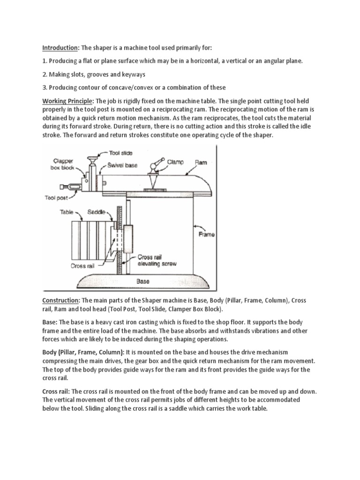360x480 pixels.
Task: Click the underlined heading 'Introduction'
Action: pos(60,48)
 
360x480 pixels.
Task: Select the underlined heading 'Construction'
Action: pos(61,300)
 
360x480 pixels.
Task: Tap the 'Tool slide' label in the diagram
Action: pos(121,153)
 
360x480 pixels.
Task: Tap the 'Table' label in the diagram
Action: pos(67,212)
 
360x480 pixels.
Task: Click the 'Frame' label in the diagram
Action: pos(206,234)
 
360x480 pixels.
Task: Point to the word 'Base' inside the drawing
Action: pos(142,282)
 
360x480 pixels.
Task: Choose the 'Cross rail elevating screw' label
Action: pos(157,260)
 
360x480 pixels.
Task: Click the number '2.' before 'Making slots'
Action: pos(45,75)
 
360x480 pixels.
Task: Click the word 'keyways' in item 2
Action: pos(132,75)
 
